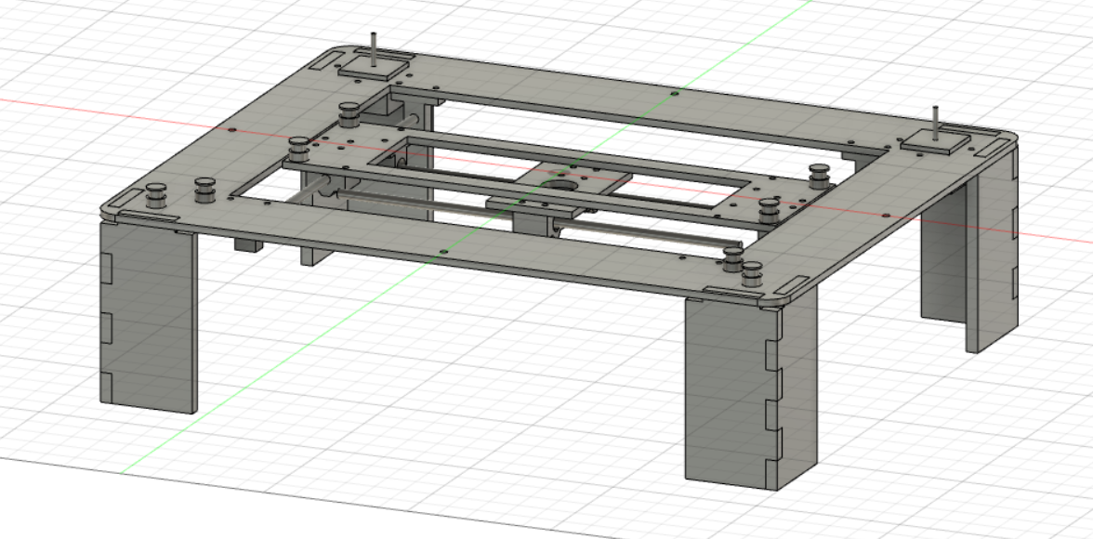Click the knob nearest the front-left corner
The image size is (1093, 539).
[x=157, y=197]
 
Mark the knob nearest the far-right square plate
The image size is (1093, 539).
[x=819, y=174]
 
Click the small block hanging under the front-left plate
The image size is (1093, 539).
[x=246, y=245]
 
